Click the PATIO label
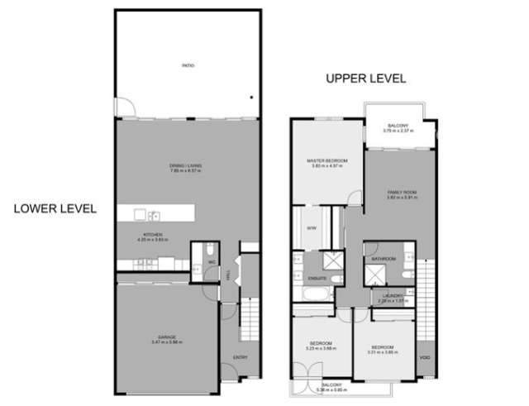(x=188, y=64)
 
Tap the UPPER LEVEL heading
(x=365, y=79)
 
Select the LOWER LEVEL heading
(x=55, y=208)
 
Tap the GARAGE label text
(x=168, y=338)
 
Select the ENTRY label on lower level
(x=240, y=356)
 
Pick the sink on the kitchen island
(x=154, y=217)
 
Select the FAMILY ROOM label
(x=403, y=194)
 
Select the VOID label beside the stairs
(x=424, y=357)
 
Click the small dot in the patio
(x=250, y=96)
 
